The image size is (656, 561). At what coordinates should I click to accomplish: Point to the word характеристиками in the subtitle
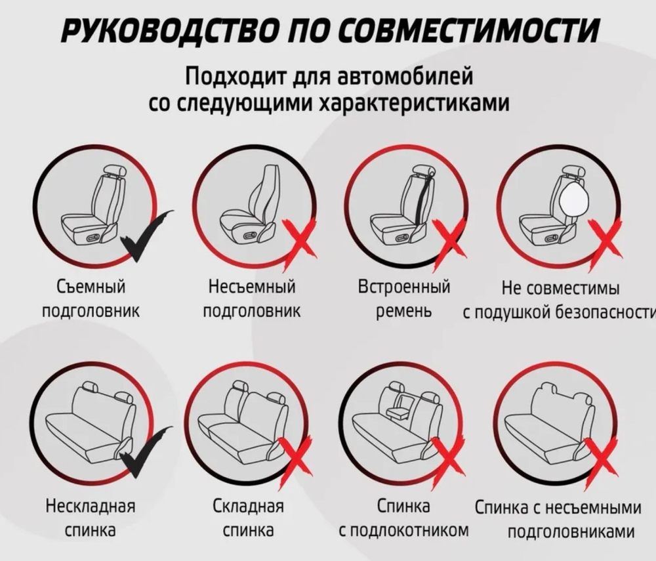(x=414, y=102)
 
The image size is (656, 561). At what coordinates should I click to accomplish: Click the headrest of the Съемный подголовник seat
(x=113, y=170)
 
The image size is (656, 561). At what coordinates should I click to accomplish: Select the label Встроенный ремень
(x=403, y=300)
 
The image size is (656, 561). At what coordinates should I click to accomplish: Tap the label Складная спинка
(x=249, y=518)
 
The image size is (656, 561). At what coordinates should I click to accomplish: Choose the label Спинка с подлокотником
(x=403, y=518)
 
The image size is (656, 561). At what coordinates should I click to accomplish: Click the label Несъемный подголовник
(x=251, y=300)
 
